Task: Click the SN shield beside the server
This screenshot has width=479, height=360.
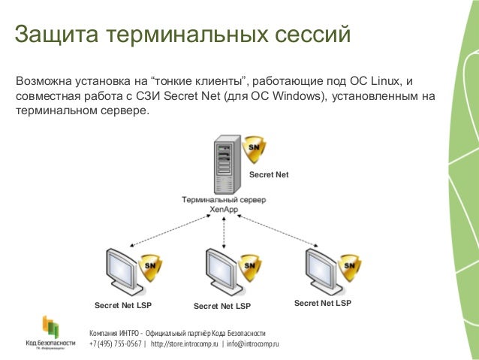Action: pyautogui.click(x=254, y=150)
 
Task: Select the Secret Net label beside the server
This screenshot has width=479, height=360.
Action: pyautogui.click(x=269, y=175)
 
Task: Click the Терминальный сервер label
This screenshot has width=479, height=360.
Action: pyautogui.click(x=223, y=201)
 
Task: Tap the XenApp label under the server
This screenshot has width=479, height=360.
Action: pyautogui.click(x=224, y=210)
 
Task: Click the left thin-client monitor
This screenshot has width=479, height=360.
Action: pyautogui.click(x=123, y=271)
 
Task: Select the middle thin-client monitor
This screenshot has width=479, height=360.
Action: pyautogui.click(x=222, y=271)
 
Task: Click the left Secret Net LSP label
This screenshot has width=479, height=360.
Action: pyautogui.click(x=123, y=306)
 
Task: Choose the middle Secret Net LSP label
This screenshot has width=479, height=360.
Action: pyautogui.click(x=222, y=307)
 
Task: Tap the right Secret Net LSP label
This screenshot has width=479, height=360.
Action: pyautogui.click(x=323, y=304)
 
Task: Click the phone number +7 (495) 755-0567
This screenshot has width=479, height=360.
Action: pyautogui.click(x=115, y=344)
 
